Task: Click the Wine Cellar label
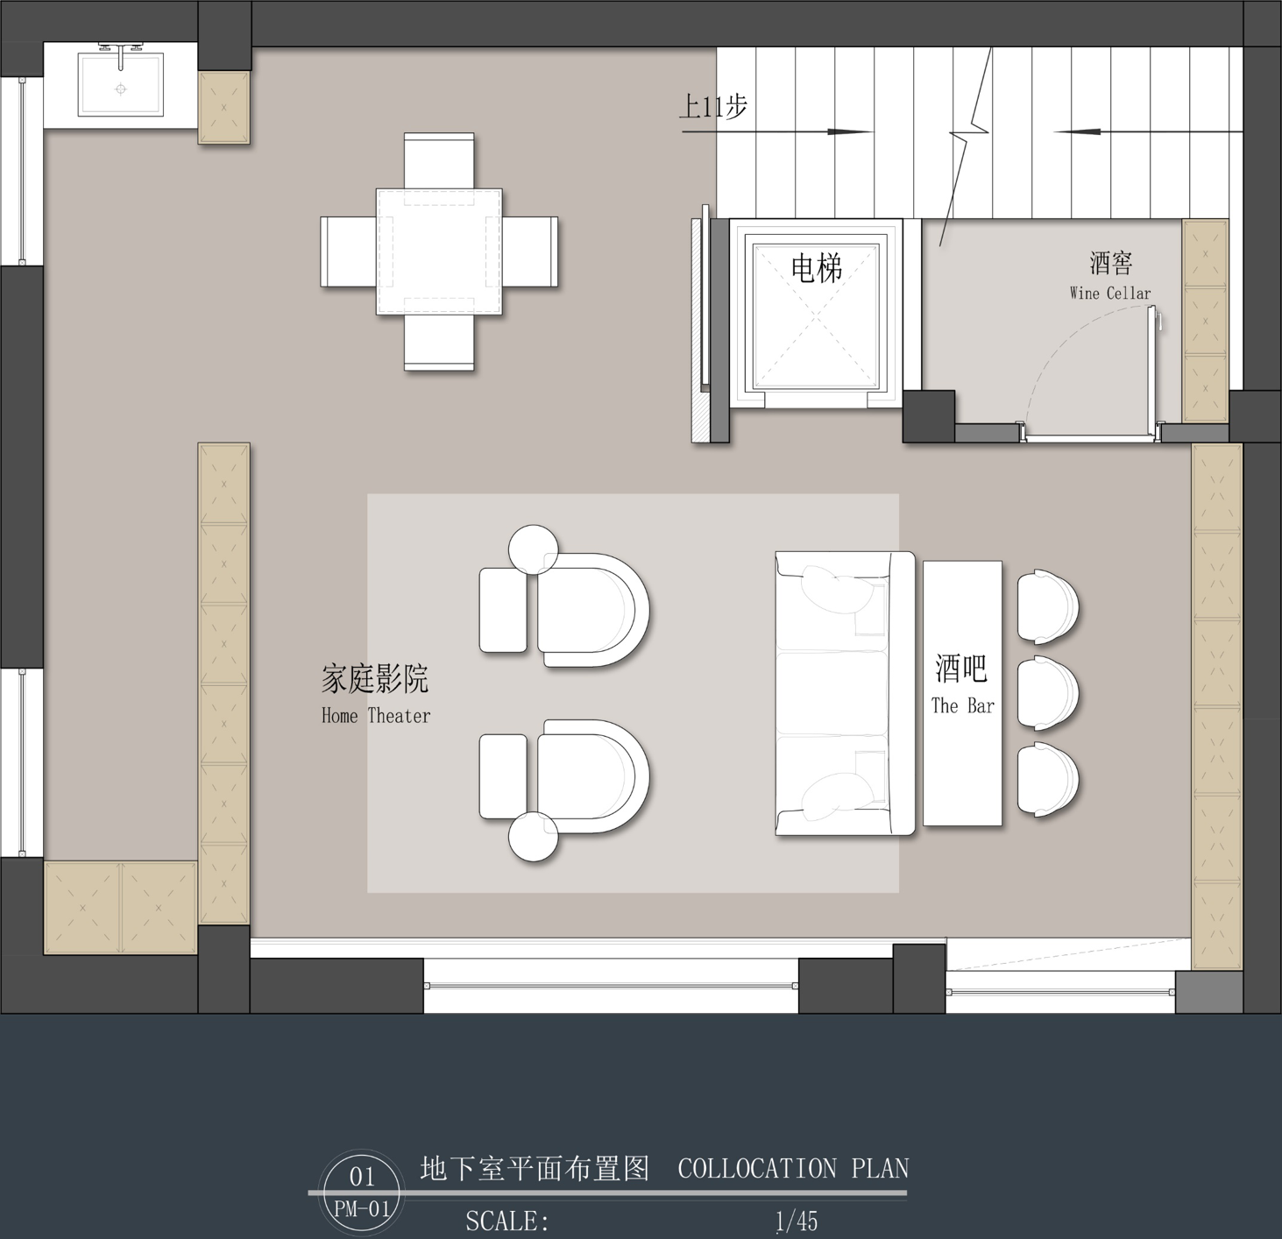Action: point(1110,294)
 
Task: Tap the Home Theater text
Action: point(376,715)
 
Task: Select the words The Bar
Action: point(962,705)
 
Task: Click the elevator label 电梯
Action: point(816,268)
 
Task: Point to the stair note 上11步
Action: point(713,107)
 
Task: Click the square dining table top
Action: point(439,251)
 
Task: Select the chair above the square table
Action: point(439,160)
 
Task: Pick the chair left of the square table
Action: point(349,251)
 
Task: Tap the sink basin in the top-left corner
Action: point(121,85)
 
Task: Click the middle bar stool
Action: point(1047,693)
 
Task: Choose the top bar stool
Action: point(1047,606)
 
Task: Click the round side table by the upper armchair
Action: point(534,549)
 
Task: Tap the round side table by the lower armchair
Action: point(534,837)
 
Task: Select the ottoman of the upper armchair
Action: point(503,610)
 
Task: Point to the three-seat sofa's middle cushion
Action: point(832,693)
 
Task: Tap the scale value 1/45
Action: point(797,1221)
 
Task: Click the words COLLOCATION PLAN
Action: point(793,1169)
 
